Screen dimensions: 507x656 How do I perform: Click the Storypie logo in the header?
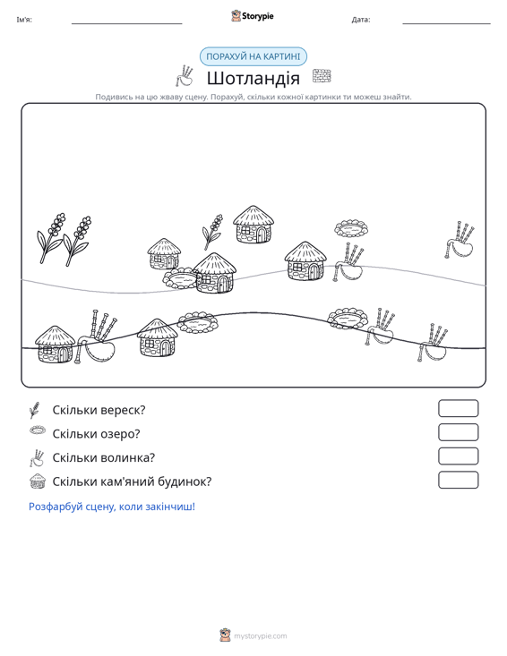[253, 16]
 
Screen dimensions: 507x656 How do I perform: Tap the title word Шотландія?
[253, 78]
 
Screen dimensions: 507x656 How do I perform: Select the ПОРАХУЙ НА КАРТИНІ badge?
[253, 56]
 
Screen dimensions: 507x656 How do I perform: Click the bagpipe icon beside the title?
[185, 76]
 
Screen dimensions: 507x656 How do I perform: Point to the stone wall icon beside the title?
[322, 76]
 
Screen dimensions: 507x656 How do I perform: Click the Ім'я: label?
[24, 20]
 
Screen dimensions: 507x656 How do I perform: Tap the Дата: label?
[361, 20]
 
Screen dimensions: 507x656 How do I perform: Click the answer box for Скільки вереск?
[458, 408]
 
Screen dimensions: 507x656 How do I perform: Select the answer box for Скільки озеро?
[458, 432]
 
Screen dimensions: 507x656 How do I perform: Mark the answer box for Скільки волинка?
[458, 456]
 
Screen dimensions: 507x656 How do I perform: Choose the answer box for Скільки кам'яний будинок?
[458, 480]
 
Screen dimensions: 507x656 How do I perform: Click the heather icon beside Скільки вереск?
[35, 410]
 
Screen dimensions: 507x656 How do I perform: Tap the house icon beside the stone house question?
[38, 481]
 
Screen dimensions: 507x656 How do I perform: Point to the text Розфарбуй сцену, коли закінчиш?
[112, 507]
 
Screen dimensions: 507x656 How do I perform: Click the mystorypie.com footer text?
[261, 636]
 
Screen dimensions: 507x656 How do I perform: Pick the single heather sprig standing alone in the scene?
[212, 232]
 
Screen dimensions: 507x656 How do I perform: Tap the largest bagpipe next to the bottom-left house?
[96, 337]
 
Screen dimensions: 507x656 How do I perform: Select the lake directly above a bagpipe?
[351, 228]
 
